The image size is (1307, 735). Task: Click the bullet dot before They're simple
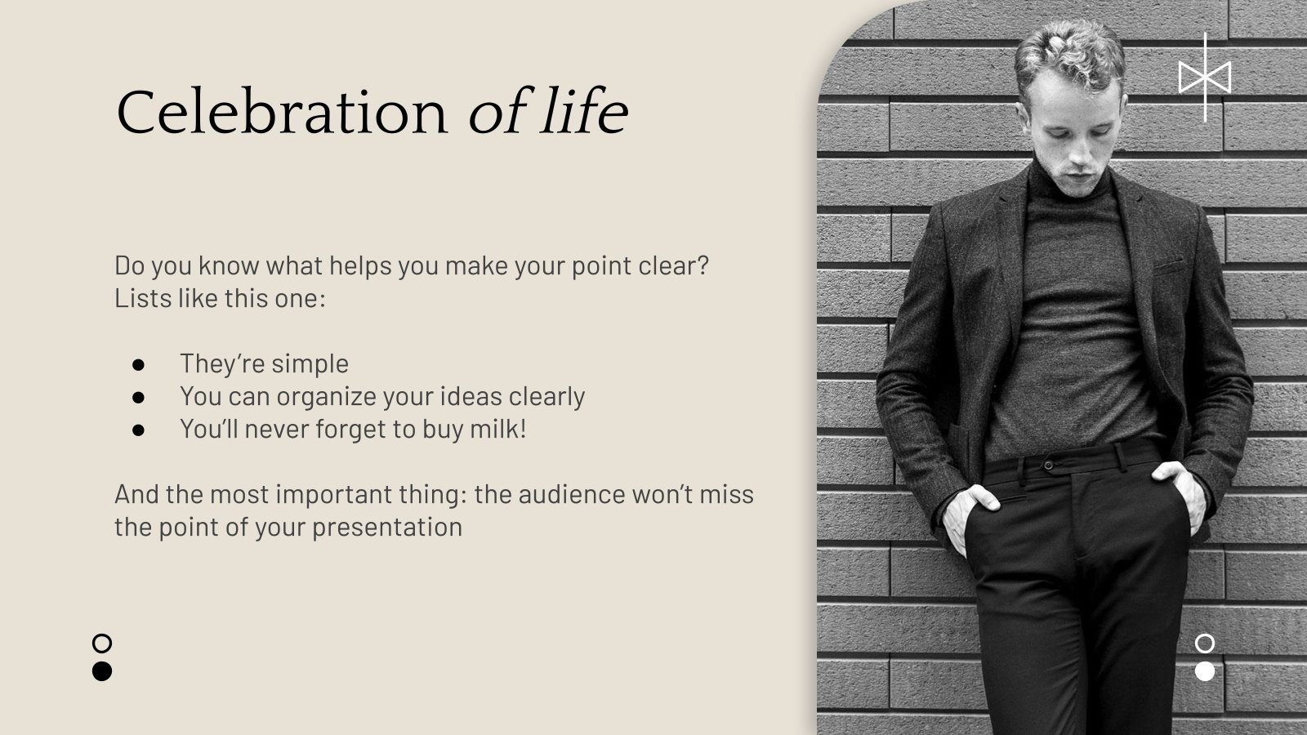tap(138, 363)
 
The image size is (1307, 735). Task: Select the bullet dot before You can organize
tap(138, 396)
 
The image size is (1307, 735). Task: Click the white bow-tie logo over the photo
tap(1205, 78)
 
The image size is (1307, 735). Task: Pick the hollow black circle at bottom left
tap(102, 643)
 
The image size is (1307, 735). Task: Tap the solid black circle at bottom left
tap(102, 671)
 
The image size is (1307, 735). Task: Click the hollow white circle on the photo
tap(1205, 643)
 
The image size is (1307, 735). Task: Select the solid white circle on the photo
tap(1205, 671)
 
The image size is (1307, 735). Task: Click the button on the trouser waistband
tap(1048, 465)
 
